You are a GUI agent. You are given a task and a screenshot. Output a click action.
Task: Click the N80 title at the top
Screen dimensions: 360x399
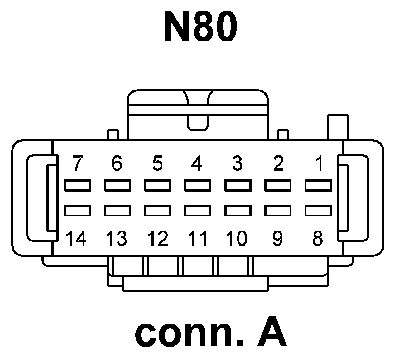click(x=200, y=27)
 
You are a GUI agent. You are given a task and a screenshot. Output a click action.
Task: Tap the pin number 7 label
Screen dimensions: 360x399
click(x=77, y=163)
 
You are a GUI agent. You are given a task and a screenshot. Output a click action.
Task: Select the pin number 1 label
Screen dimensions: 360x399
click(x=319, y=163)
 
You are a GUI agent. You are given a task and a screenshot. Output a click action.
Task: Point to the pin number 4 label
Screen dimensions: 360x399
click(x=197, y=163)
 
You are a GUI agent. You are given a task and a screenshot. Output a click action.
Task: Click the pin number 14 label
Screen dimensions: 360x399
click(x=76, y=239)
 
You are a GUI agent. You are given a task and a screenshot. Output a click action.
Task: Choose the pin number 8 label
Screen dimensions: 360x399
click(x=317, y=239)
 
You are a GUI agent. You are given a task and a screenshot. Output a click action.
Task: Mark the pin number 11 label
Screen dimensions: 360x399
click(x=198, y=239)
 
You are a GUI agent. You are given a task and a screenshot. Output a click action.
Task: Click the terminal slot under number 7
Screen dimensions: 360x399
click(x=78, y=185)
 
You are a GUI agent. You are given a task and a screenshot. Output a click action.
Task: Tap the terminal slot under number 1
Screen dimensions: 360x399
click(x=318, y=185)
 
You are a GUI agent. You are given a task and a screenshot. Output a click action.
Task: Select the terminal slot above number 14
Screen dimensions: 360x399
click(x=78, y=210)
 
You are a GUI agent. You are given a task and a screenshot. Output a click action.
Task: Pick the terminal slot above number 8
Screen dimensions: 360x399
click(x=318, y=210)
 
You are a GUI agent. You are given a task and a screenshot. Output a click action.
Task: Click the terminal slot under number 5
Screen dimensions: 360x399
click(x=158, y=185)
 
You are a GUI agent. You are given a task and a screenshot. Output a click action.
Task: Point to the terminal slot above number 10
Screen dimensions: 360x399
click(x=238, y=210)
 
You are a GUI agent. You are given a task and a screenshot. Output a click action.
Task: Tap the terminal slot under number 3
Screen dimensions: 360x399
click(x=238, y=185)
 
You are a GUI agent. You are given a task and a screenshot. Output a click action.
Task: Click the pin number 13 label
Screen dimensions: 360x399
click(x=116, y=239)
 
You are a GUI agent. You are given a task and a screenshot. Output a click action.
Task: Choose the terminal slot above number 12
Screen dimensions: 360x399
click(x=158, y=210)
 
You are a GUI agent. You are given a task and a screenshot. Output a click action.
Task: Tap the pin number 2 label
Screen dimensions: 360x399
click(x=278, y=163)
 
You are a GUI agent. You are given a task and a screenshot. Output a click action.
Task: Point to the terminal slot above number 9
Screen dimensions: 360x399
click(x=278, y=210)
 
